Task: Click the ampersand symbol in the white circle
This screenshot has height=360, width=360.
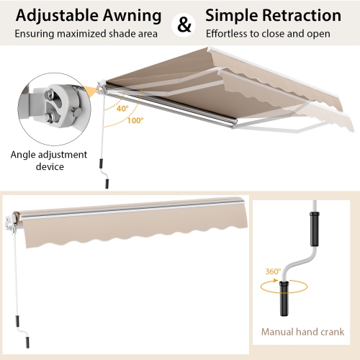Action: pos(184,24)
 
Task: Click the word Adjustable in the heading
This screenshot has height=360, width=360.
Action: pos(50,15)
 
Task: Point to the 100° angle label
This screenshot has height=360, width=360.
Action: pos(135,122)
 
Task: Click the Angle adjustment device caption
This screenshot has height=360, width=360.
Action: pos(49,161)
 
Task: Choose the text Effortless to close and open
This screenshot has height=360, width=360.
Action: pos(268,34)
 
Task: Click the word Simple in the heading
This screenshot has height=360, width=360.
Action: pos(230,15)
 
